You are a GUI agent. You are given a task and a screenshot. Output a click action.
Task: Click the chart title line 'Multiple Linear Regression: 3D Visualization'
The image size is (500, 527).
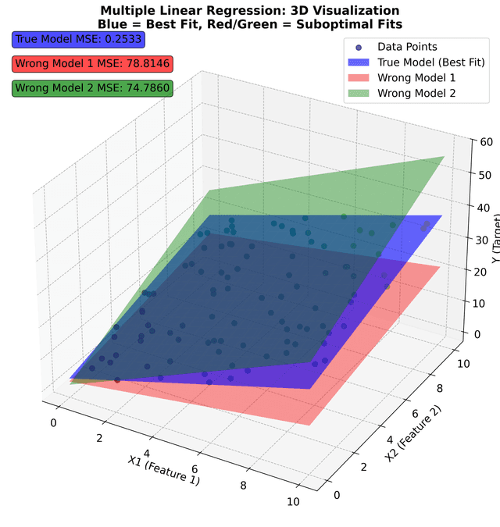(x=250, y=10)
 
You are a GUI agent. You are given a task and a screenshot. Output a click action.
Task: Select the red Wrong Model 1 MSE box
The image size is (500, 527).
(x=92, y=63)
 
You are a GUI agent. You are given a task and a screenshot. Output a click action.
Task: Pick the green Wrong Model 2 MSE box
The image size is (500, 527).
(x=92, y=87)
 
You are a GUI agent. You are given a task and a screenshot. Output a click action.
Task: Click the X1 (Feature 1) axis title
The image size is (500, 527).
(x=164, y=470)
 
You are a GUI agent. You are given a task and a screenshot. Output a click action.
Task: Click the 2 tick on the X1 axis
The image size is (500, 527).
(x=101, y=437)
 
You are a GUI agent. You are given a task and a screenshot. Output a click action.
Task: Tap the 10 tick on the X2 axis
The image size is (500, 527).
(x=462, y=363)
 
